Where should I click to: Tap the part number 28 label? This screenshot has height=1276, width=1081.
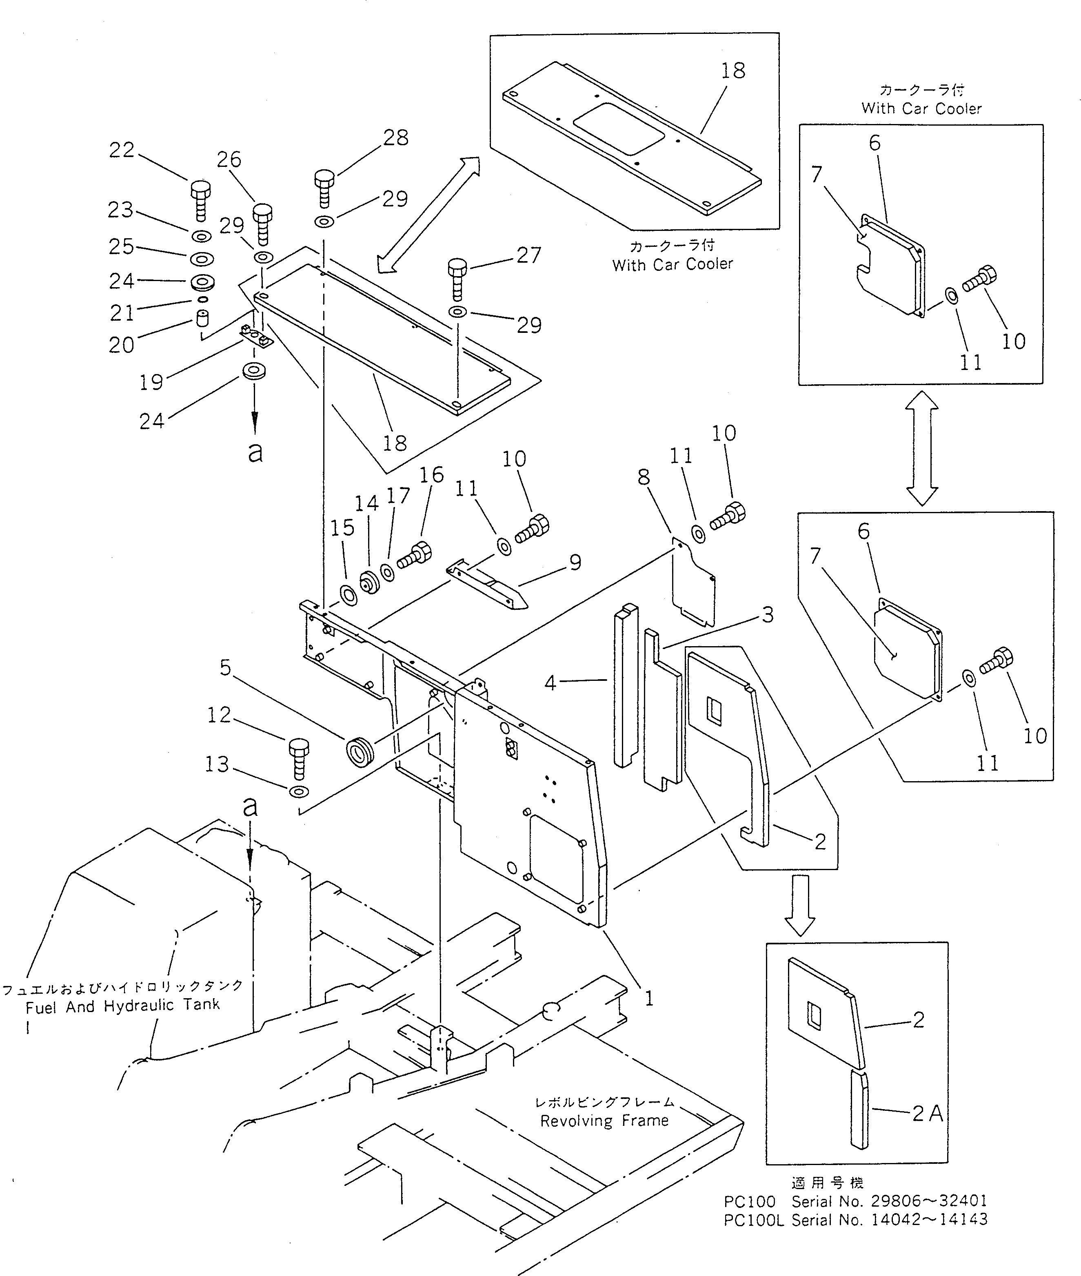click(396, 138)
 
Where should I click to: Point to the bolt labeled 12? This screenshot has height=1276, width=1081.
click(298, 758)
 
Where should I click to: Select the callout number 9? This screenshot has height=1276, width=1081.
click(575, 562)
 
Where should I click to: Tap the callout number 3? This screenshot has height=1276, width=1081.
click(767, 614)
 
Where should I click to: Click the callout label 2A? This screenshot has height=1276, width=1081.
click(927, 1113)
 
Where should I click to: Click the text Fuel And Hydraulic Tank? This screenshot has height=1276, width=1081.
click(122, 1005)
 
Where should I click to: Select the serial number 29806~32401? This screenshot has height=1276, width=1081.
click(929, 1201)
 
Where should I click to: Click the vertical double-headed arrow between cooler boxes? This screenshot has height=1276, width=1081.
click(922, 448)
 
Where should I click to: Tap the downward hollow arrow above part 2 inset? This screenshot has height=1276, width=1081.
click(800, 905)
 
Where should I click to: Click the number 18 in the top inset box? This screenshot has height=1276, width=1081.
click(733, 71)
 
